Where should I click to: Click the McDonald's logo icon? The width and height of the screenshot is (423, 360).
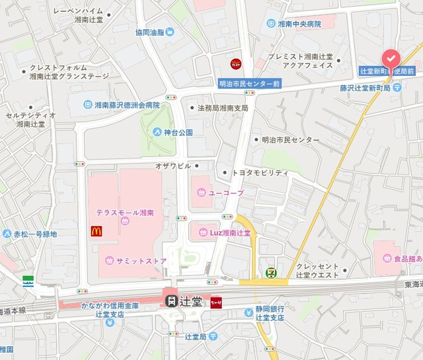tap(96, 231)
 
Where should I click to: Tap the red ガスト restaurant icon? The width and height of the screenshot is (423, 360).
tap(236, 64)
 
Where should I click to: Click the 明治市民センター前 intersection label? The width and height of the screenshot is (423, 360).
tap(250, 84)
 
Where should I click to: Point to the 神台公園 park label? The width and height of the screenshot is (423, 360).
tap(178, 132)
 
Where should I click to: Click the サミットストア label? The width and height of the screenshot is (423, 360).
tap(141, 260)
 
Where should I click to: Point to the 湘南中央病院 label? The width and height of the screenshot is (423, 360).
tap(299, 24)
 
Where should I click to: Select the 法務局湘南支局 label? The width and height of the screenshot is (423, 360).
tap(223, 108)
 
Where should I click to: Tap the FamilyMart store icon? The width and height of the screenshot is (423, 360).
tap(28, 281)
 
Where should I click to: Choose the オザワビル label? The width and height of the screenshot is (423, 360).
tap(173, 166)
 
